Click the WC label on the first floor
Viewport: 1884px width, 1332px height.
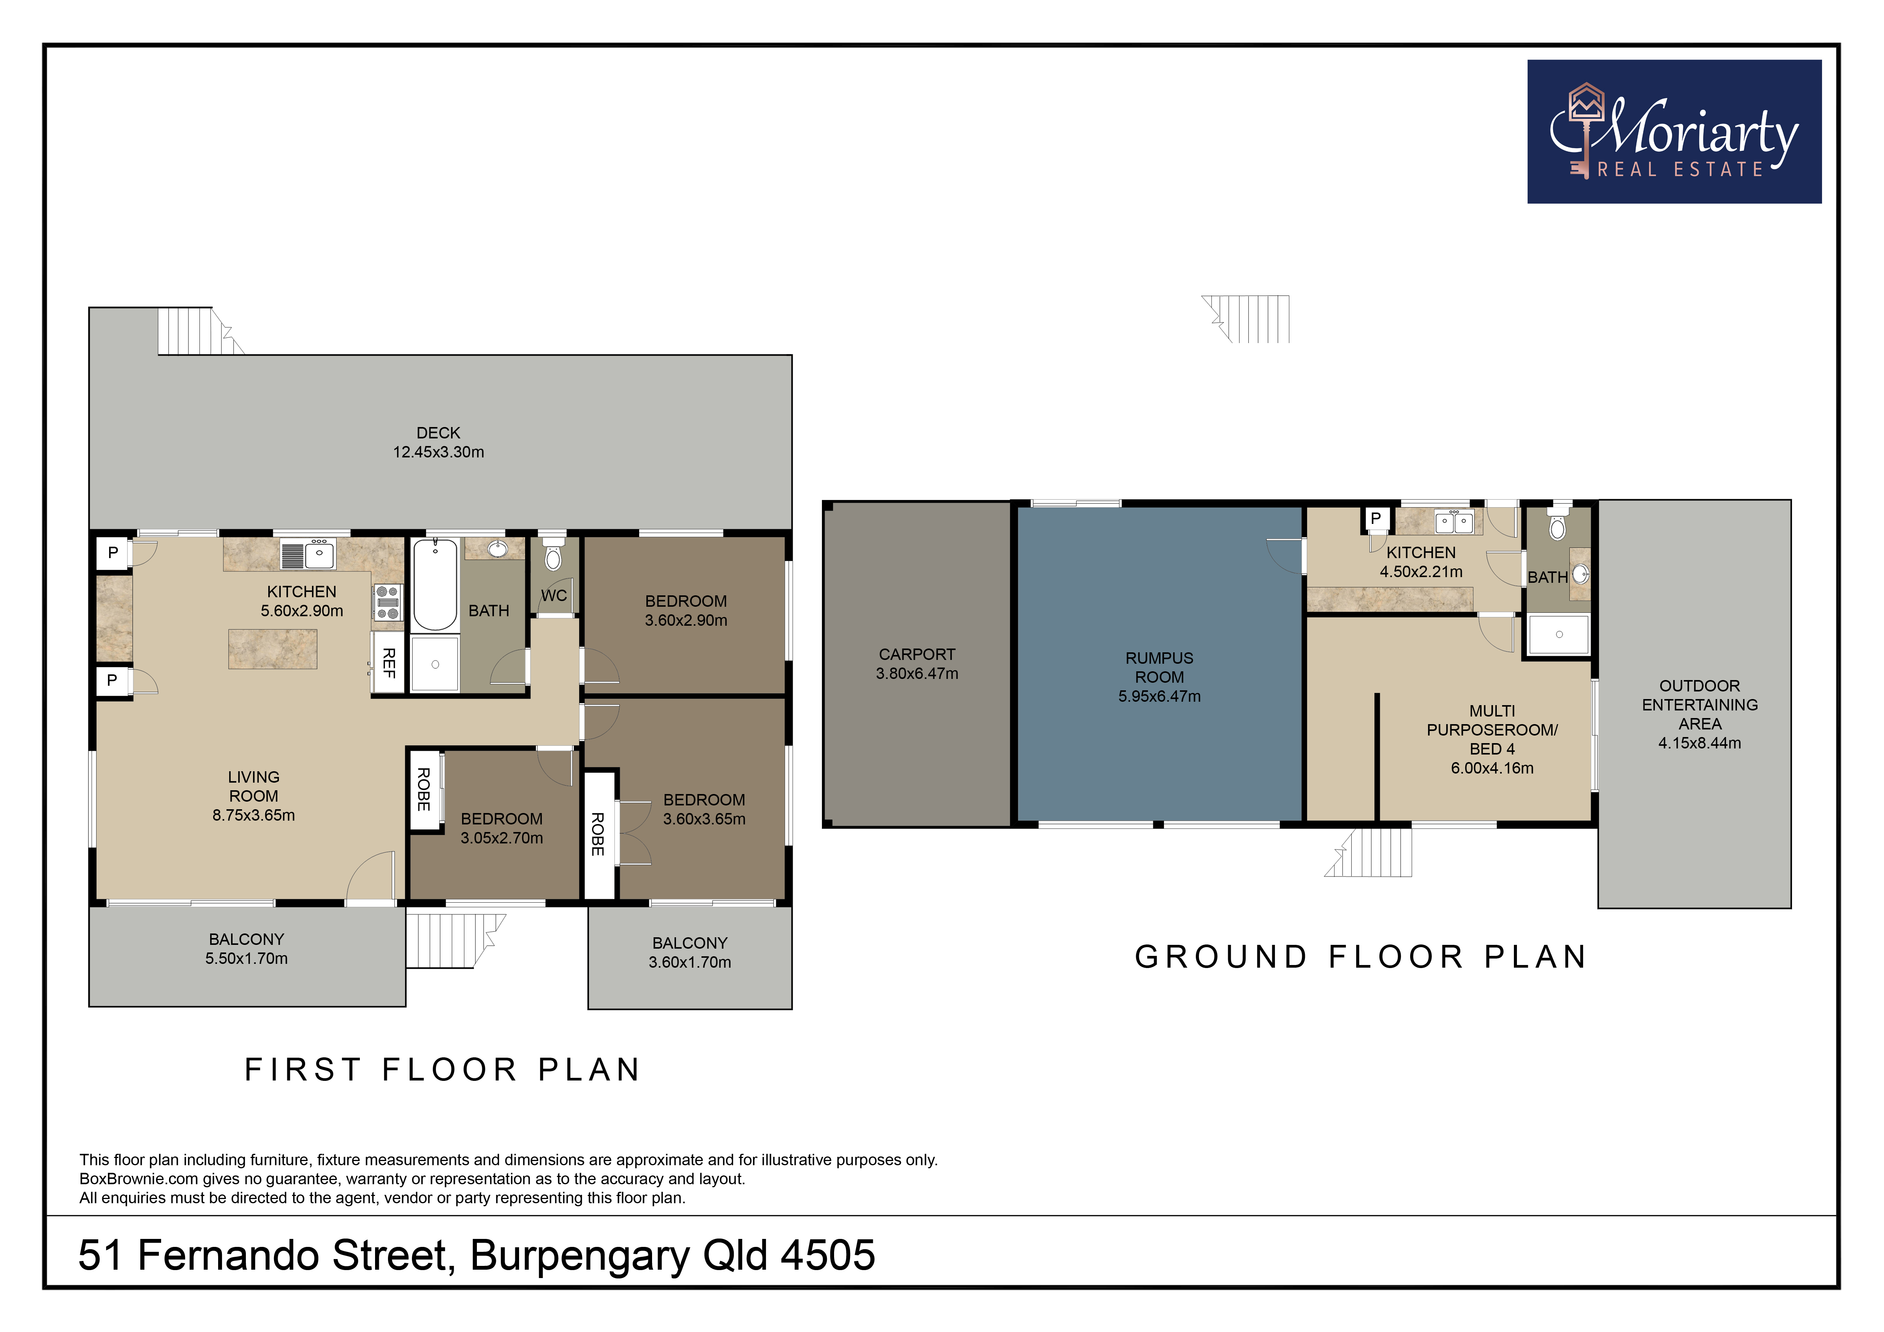[554, 595]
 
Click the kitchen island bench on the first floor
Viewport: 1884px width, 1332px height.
[272, 649]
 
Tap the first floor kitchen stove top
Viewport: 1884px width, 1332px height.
[387, 602]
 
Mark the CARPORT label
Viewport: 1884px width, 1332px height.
[917, 655]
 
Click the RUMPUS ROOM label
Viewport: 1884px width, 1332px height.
[1159, 668]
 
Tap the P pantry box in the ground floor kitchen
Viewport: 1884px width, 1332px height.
[1376, 518]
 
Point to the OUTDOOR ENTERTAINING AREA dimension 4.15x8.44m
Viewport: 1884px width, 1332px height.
[1699, 743]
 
